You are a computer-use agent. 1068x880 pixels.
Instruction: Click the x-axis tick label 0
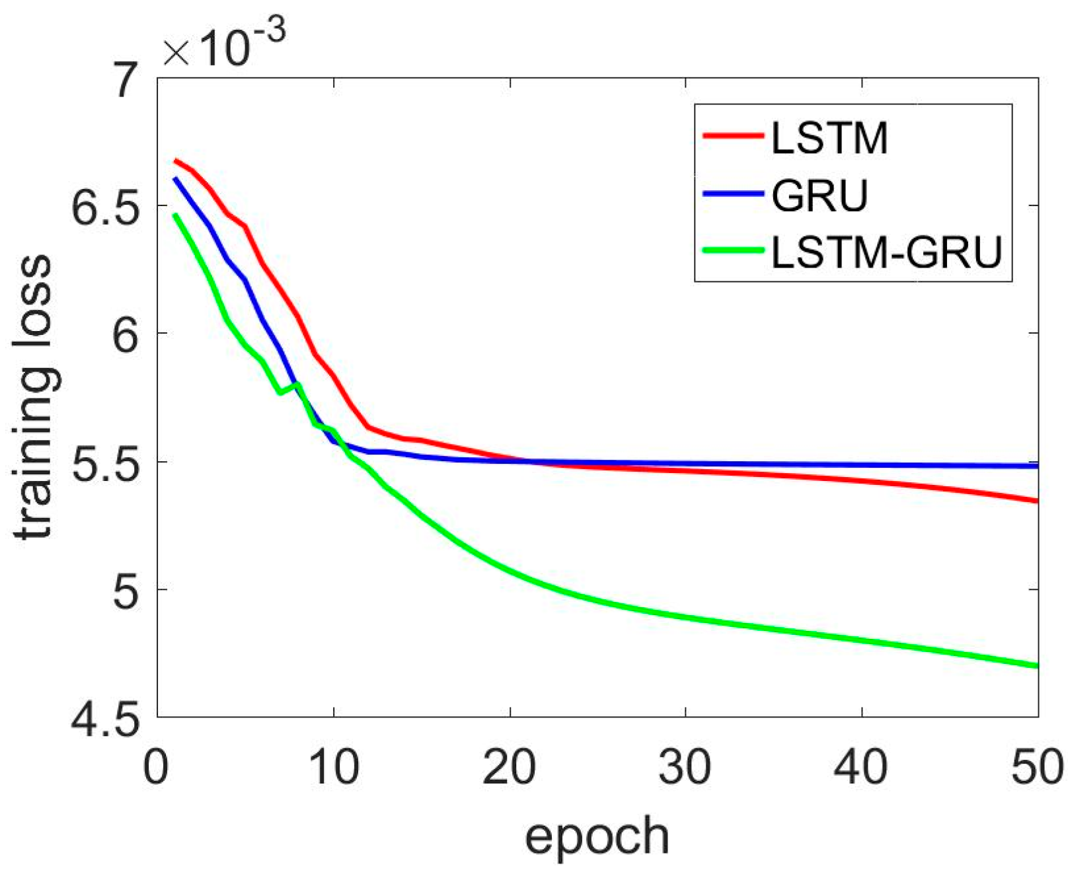click(157, 766)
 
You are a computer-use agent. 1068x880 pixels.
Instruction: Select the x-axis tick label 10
click(334, 766)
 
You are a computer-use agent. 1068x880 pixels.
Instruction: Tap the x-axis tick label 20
click(510, 766)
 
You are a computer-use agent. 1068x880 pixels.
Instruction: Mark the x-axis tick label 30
click(686, 766)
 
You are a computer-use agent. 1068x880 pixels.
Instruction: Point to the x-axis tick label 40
click(862, 766)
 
